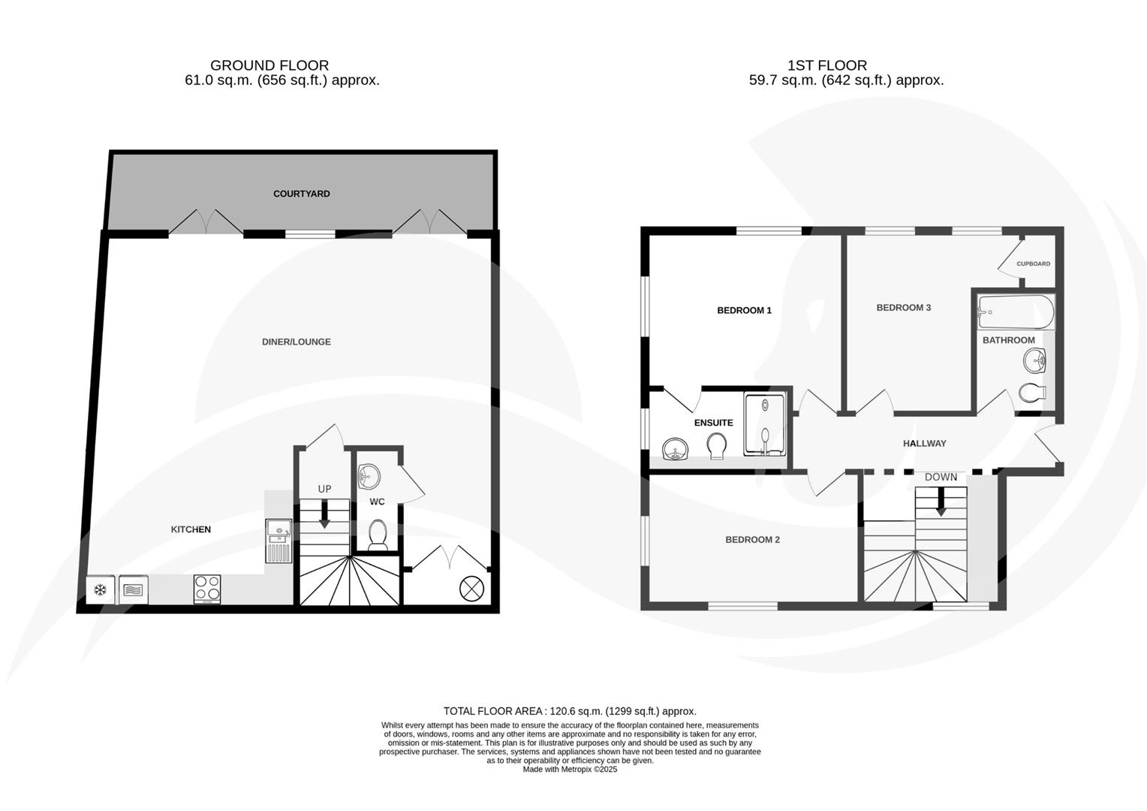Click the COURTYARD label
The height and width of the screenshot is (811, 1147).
301,194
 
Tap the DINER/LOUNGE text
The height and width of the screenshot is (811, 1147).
296,342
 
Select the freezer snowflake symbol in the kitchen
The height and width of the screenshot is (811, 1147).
99,590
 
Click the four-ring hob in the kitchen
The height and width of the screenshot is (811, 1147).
207,589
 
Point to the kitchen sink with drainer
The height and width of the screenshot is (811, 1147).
278,541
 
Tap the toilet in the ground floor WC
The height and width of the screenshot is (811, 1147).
378,534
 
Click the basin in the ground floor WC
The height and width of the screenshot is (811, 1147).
369,475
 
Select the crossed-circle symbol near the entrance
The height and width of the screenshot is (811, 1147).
471,588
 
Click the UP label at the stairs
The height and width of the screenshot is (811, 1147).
324,489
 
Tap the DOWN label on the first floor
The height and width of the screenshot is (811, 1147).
941,477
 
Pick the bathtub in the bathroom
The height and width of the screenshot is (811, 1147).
1016,312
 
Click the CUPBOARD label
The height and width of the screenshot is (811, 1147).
1033,264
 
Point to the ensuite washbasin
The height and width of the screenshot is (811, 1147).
676,449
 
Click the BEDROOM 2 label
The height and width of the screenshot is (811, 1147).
752,539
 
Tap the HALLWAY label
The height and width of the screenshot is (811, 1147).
924,443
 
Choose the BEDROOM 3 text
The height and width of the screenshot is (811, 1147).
903,307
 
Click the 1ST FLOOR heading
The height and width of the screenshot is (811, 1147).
826,65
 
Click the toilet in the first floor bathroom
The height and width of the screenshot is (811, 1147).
1033,392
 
